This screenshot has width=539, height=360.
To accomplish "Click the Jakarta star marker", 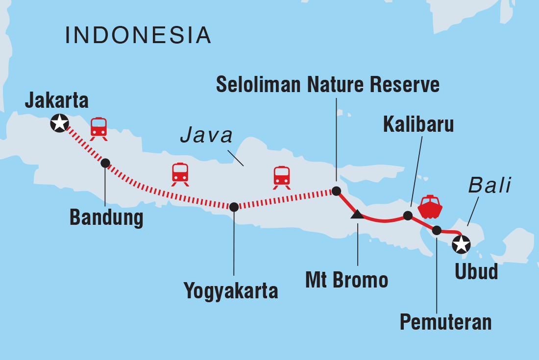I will click(60, 123).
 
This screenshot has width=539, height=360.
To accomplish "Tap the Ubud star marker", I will click(461, 243).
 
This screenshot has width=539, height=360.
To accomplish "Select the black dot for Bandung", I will click(105, 163).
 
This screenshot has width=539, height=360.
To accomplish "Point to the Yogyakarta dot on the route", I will click(234, 207).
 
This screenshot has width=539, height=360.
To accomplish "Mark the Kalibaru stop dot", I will click(407, 216).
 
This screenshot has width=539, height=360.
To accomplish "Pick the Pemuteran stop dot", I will click(437, 229).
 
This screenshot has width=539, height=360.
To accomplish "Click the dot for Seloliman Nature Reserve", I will click(336, 191).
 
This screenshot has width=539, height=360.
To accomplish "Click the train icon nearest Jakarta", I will click(99, 129).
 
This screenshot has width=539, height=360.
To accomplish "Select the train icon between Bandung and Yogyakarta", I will click(180, 174).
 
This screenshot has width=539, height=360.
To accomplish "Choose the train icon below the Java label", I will click(282, 177).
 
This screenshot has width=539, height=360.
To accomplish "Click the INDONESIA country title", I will click(138, 36).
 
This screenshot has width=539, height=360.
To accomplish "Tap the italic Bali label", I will click(490, 186).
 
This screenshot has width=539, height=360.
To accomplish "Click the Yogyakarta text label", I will click(231, 291).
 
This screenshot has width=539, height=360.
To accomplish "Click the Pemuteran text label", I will click(445, 322).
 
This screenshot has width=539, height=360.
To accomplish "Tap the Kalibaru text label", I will click(418, 124).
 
